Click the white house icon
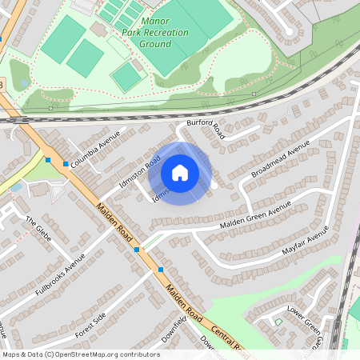pyautogui.click(x=180, y=172)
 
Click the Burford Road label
pyautogui.click(x=206, y=130)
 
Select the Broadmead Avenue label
pyautogui.click(x=280, y=161)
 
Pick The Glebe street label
pyautogui.click(x=38, y=230)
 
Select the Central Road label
pyautogui.click(x=226, y=337)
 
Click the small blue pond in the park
pyautogui.click(x=24, y=83)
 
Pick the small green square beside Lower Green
pyautogui.click(x=278, y=322)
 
